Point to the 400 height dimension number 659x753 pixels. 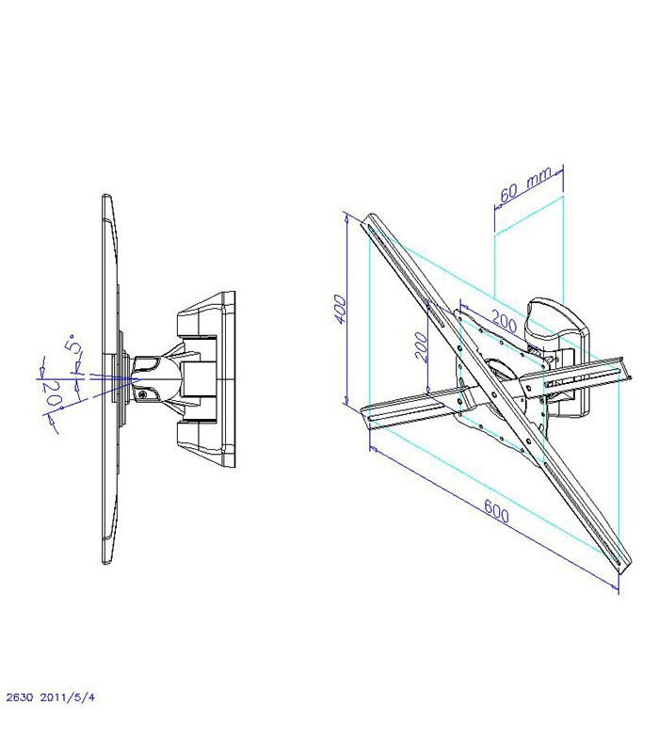[341, 310]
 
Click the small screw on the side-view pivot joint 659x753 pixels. [142, 394]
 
